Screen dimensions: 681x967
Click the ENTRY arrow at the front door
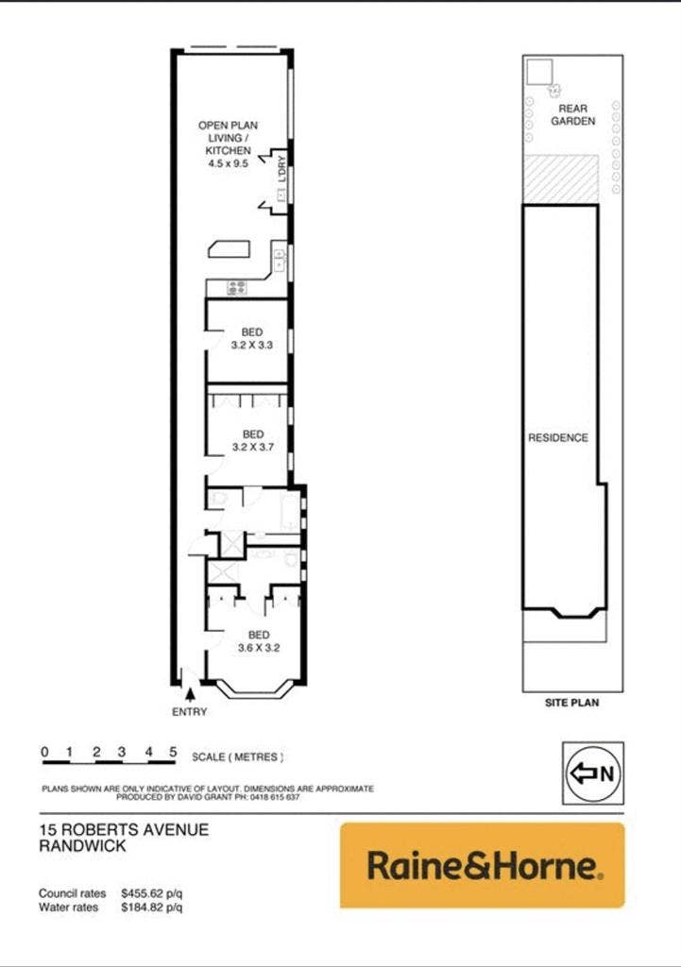point(191,694)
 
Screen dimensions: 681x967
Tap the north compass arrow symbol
point(584,772)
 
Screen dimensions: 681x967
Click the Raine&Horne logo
point(483,865)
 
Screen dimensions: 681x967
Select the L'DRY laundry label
point(281,169)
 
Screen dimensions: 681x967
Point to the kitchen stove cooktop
point(237,287)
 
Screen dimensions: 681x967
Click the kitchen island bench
point(229,248)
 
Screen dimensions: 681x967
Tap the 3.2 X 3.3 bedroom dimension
point(251,346)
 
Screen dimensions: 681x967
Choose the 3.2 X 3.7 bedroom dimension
point(253,447)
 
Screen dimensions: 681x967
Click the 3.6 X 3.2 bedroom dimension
point(259,648)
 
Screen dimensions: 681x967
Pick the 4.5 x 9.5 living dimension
point(229,163)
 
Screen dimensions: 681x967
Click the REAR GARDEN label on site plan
point(573,114)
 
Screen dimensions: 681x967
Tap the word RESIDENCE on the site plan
point(558,438)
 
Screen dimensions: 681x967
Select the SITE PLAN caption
point(571,703)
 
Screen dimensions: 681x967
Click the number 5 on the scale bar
point(174,752)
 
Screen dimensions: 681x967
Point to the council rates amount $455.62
point(145,893)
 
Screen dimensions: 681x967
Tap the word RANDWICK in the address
point(82,845)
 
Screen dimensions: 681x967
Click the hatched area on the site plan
point(561,179)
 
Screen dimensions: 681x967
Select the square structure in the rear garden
point(538,72)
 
